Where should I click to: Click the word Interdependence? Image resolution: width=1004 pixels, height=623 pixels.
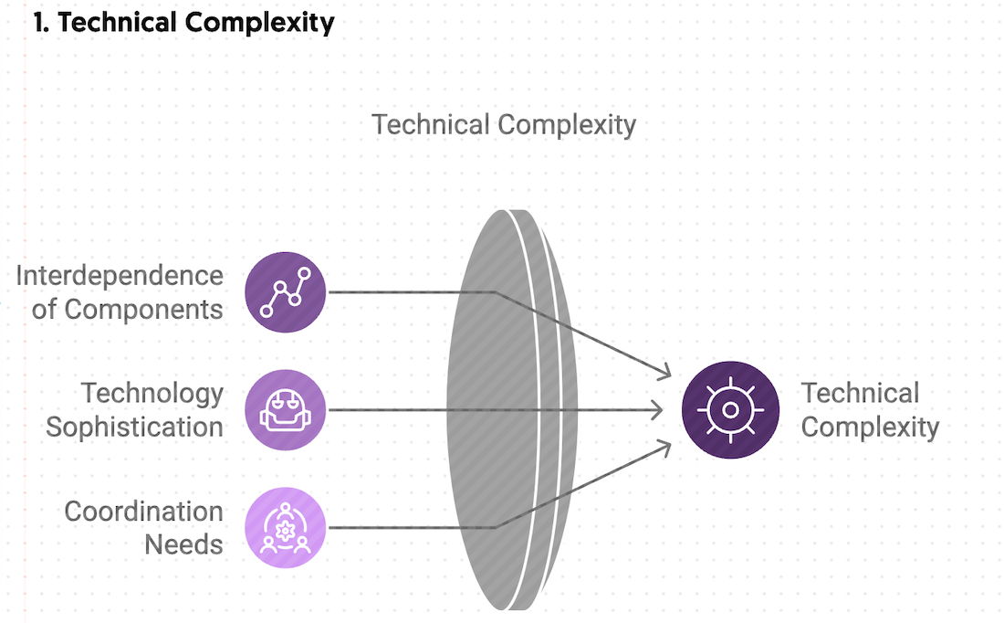pyautogui.click(x=120, y=275)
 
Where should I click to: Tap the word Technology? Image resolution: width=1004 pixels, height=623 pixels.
pyautogui.click(x=152, y=393)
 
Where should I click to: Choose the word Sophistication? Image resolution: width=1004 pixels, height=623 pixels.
pyautogui.click(x=135, y=427)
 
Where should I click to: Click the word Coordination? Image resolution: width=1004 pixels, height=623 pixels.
pyautogui.click(x=143, y=511)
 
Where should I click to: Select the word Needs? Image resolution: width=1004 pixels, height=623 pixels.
pyautogui.click(x=183, y=544)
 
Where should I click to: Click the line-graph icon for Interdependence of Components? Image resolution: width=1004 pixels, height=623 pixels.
pyautogui.click(x=286, y=292)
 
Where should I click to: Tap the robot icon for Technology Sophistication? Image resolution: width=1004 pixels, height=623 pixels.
pyautogui.click(x=286, y=410)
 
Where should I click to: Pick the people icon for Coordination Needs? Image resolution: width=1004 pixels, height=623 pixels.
pyautogui.click(x=286, y=527)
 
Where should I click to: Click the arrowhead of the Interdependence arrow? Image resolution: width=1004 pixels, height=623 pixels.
pyautogui.click(x=665, y=371)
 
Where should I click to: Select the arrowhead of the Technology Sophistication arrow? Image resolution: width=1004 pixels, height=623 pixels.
pyautogui.click(x=658, y=410)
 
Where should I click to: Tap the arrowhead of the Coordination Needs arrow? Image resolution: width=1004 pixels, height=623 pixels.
pyautogui.click(x=665, y=447)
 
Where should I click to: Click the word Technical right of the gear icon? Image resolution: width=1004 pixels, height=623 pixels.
pyautogui.click(x=860, y=393)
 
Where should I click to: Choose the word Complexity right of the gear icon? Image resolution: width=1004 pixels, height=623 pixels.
pyautogui.click(x=870, y=427)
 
